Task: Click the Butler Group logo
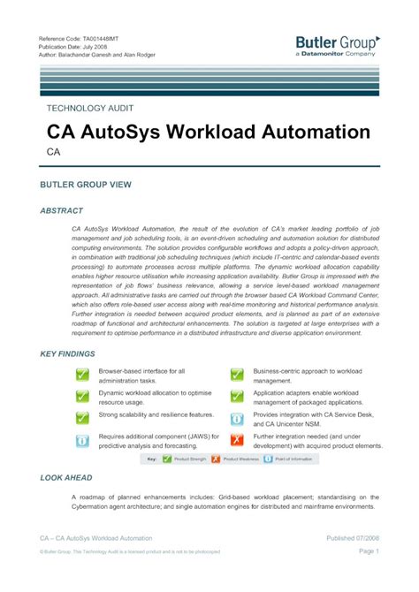pos(337,45)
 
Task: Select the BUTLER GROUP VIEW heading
pos(86,185)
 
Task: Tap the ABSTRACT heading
pos(62,211)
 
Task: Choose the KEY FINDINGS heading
pos(69,353)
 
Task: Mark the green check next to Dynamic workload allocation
pos(82,397)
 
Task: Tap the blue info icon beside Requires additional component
pos(82,440)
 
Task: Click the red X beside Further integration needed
pos(237,440)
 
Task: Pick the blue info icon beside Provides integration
pos(237,419)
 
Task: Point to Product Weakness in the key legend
pos(240,459)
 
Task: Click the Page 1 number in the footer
pos(369,550)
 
